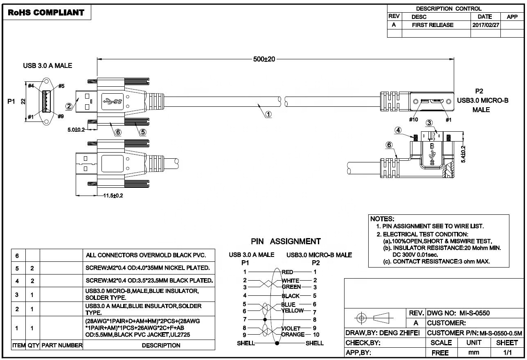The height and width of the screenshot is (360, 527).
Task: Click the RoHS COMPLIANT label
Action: click(x=46, y=13)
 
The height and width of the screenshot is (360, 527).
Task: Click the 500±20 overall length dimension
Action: click(x=265, y=59)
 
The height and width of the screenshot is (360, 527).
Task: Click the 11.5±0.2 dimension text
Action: click(x=113, y=195)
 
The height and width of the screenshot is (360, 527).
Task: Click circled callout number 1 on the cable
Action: click(x=268, y=115)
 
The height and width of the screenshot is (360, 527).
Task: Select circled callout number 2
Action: click(x=69, y=106)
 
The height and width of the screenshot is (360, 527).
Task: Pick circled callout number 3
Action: click(x=429, y=123)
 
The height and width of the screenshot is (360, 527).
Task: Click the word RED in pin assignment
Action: click(x=288, y=272)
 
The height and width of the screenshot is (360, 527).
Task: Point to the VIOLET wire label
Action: click(x=291, y=328)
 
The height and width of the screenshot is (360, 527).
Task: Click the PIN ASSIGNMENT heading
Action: click(x=286, y=241)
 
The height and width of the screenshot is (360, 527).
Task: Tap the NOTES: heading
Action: click(x=382, y=219)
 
